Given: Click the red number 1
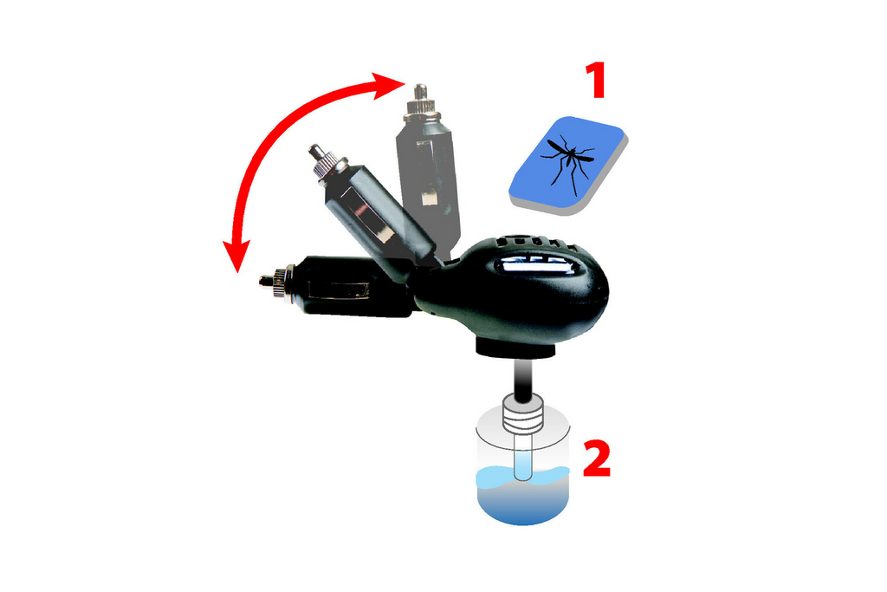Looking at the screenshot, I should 594,81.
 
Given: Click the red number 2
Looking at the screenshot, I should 597,459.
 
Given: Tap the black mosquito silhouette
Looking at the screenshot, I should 568,159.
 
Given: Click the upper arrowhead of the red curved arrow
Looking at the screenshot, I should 392,83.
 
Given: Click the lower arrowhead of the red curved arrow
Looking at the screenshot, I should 233,256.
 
